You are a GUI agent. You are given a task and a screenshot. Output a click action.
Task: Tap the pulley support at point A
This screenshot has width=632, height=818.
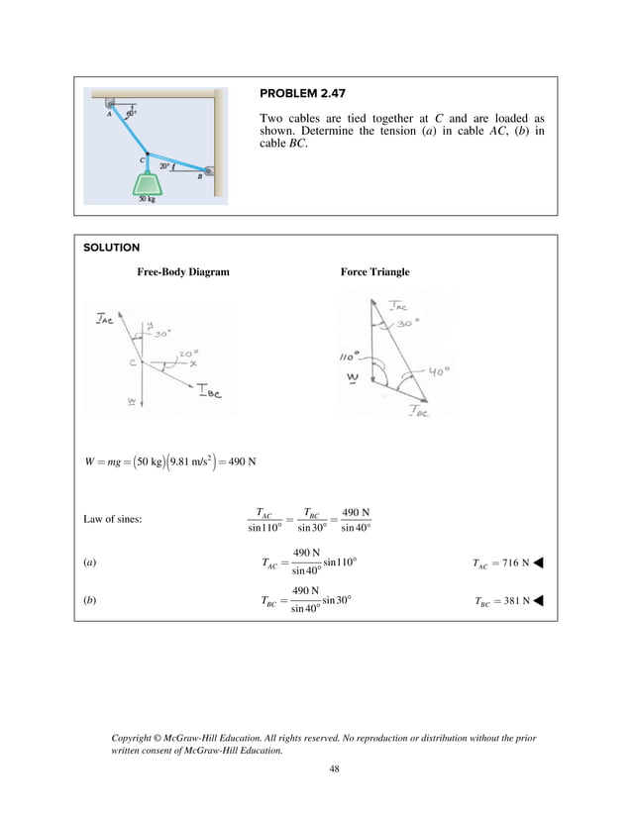(109, 103)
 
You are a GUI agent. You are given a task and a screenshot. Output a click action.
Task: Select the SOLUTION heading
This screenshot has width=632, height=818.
(111, 248)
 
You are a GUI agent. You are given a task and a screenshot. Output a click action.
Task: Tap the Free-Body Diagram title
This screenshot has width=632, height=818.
(182, 271)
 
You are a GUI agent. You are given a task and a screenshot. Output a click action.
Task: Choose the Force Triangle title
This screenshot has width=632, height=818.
(374, 271)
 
